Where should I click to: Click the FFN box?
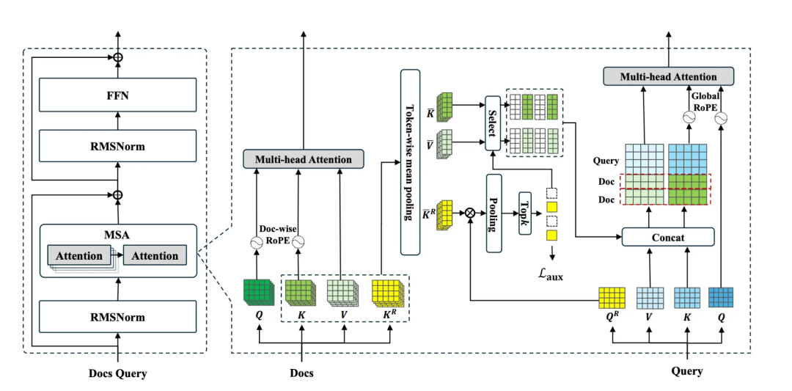(117, 95)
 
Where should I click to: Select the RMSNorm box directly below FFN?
(117, 146)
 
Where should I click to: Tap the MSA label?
(118, 235)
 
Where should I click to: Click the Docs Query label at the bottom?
(117, 373)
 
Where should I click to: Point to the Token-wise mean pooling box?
(409, 161)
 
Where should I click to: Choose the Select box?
(492, 123)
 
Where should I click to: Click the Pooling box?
(493, 213)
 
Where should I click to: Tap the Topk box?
(524, 213)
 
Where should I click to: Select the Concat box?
(667, 237)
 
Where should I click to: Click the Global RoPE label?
(707, 99)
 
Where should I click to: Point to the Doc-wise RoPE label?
(278, 233)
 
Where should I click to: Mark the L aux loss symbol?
(551, 274)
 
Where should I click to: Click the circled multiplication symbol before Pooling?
(469, 213)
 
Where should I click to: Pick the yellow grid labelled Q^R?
(612, 297)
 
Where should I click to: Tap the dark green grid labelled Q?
(258, 291)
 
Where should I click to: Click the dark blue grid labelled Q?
(721, 296)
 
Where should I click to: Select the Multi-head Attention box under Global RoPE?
(668, 76)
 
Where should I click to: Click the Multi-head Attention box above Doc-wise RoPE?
(303, 159)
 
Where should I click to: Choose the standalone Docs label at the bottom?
(301, 373)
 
